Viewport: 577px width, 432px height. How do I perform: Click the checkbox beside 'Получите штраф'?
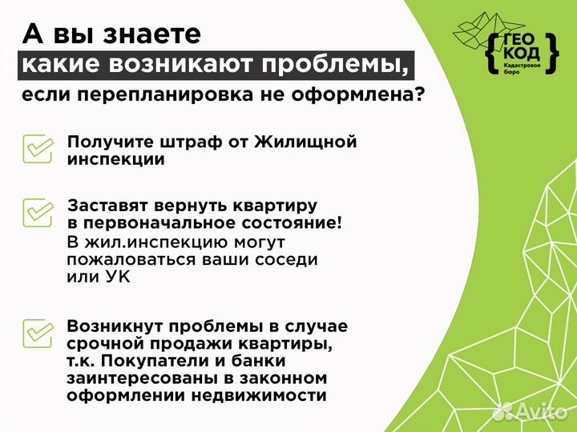point(38,149)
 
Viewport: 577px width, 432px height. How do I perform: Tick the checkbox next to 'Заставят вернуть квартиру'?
point(38,212)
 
